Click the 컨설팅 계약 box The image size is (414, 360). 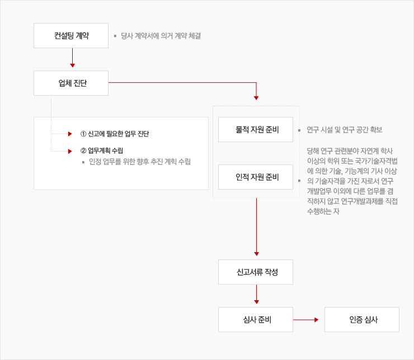point(71,36)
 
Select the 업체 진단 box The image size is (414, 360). point(71,83)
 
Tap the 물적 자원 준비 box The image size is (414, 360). point(256,130)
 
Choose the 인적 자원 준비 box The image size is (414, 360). point(256,177)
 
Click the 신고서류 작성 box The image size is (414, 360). point(256,272)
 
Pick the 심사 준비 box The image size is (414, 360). point(256,319)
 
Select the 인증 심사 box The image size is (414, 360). point(362,319)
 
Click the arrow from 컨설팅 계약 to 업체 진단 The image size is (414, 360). point(72,58)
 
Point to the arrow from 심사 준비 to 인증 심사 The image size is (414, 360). point(306,320)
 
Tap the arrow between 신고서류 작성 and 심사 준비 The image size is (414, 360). point(256,295)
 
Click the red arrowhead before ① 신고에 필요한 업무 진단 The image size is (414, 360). point(70,134)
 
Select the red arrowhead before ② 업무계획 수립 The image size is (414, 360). point(70,151)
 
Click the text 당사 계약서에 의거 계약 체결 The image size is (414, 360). point(161,36)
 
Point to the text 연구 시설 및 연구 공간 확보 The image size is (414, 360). point(345,130)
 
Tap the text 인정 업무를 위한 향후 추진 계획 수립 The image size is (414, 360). point(140,162)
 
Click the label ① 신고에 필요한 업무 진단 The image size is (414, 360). point(115,134)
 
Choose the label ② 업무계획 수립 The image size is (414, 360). point(102,151)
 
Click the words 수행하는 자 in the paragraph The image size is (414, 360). point(323,211)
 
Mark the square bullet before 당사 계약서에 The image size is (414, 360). point(115,36)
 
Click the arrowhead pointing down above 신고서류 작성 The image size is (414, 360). point(256,254)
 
